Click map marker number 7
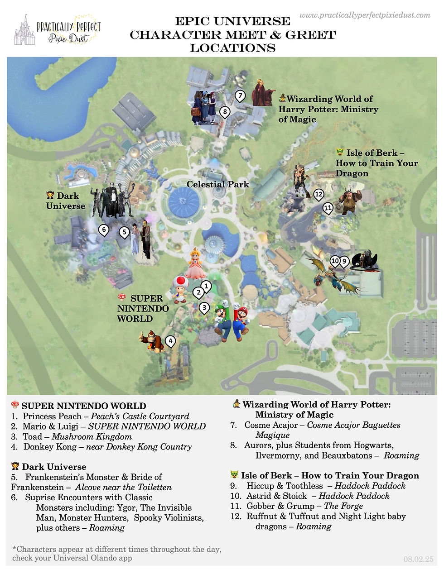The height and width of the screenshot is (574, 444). pos(240,96)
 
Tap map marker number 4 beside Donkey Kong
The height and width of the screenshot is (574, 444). pos(170,341)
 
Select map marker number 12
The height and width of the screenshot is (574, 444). pos(319,195)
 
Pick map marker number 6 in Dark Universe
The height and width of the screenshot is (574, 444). pos(104,230)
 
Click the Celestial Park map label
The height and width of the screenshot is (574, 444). pos(217,184)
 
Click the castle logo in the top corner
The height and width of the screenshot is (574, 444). pos(24,30)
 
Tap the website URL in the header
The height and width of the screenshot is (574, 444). pos(365,15)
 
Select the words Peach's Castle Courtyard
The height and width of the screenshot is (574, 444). pos(140,416)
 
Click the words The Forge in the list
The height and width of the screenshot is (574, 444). pos(343,506)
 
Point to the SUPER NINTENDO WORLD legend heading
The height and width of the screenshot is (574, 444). pos(84,406)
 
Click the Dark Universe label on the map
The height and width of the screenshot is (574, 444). pos(66,201)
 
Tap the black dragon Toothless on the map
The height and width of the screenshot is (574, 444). pos(364,261)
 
